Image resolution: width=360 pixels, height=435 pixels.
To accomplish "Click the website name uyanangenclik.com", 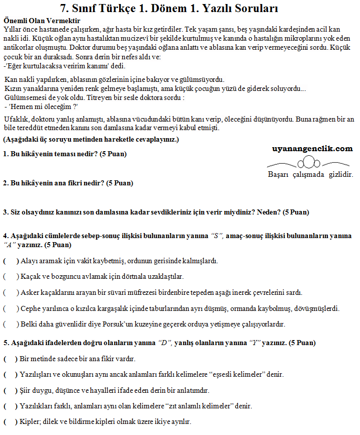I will coord(312,149).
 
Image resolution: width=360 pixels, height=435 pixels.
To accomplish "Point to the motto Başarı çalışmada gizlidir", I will coord(311,174).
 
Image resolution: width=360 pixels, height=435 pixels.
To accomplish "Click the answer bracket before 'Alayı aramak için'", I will coord(11,261).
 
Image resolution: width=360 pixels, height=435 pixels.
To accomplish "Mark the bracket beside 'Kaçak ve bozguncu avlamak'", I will coord(11,276).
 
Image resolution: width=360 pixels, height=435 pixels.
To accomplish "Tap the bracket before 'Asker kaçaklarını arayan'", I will coord(11,292).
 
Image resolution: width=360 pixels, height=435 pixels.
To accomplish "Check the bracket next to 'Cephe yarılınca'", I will coord(11,308).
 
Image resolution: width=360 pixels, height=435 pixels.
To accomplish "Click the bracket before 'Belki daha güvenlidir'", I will coord(11,324).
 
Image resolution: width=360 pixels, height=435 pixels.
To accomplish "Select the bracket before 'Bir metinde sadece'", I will coord(11,359).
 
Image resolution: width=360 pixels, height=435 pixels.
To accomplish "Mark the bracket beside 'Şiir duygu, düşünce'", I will coord(11,390).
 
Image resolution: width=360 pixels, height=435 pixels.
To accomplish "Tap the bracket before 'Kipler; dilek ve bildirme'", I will coord(11,421).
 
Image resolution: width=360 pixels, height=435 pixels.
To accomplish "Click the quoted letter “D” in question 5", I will coord(165,344).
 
